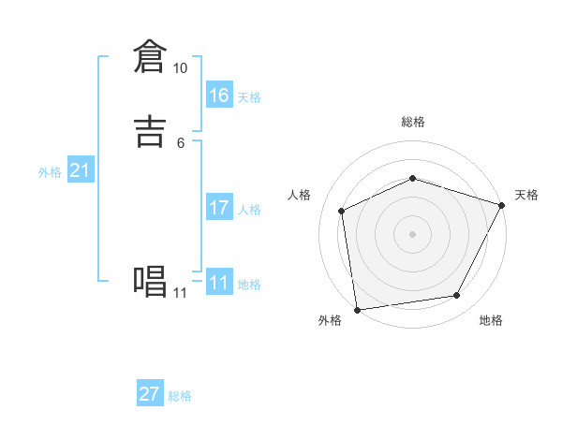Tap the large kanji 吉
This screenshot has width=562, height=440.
click(151, 129)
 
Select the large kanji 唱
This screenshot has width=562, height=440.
click(151, 280)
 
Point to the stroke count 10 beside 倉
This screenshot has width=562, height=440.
click(181, 67)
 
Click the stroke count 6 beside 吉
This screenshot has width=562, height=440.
click(181, 142)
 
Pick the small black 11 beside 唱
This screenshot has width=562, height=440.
click(180, 293)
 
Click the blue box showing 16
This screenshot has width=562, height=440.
click(219, 95)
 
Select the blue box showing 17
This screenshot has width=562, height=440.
click(219, 208)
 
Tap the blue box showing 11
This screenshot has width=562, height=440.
click(219, 283)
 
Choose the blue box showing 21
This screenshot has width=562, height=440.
click(81, 170)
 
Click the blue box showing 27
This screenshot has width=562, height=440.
click(150, 394)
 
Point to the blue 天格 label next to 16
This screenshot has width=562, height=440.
click(249, 97)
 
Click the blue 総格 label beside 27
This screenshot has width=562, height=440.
click(180, 396)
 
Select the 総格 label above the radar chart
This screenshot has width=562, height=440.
click(413, 123)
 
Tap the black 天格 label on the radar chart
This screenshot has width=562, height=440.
click(526, 195)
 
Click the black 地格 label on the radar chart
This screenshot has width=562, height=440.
click(491, 321)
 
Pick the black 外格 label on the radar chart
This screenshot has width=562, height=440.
click(330, 321)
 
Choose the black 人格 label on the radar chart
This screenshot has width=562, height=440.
click(300, 195)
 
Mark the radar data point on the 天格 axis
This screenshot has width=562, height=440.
click(502, 205)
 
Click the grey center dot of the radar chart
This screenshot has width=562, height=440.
click(413, 234)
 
